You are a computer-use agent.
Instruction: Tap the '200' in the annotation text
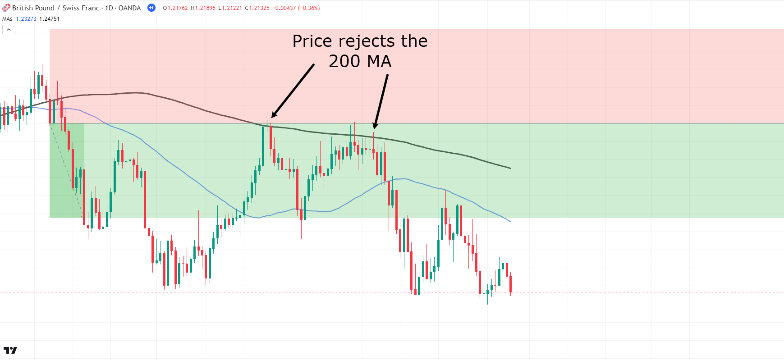pyautogui.click(x=344, y=62)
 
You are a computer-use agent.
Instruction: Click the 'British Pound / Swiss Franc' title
pyautogui.click(x=55, y=8)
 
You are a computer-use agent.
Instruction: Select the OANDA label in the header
pyautogui.click(x=129, y=8)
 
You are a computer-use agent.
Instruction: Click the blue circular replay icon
pyautogui.click(x=151, y=8)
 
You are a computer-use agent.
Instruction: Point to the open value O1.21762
pyautogui.click(x=175, y=8)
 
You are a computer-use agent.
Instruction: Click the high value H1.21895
pyautogui.click(x=203, y=8)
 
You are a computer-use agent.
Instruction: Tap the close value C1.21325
pyautogui.click(x=257, y=8)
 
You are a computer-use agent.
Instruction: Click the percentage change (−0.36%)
pyautogui.click(x=309, y=8)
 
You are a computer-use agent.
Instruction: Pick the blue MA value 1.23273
pyautogui.click(x=26, y=19)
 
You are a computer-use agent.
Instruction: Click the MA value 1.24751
pyautogui.click(x=49, y=19)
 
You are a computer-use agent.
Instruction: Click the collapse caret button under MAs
pyautogui.click(x=9, y=29)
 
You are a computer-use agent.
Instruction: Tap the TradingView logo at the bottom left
pyautogui.click(x=10, y=350)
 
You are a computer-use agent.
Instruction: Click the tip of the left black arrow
pyautogui.click(x=272, y=118)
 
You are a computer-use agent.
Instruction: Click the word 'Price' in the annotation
pyautogui.click(x=312, y=41)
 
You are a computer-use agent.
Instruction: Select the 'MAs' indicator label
pyautogui.click(x=7, y=19)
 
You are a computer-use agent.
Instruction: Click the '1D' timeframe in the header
pyautogui.click(x=109, y=8)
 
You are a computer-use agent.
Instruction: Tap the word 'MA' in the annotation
pyautogui.click(x=379, y=62)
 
